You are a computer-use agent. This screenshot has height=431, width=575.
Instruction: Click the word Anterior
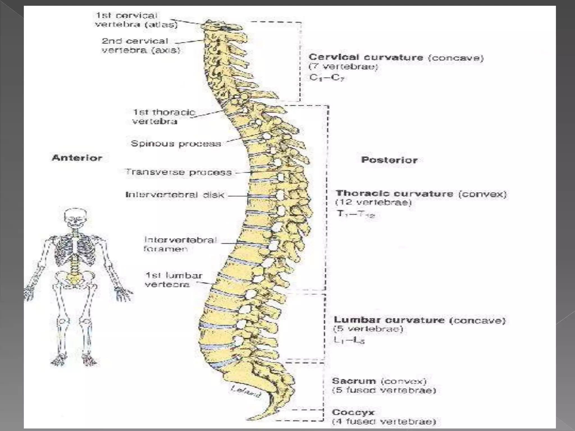click(x=77, y=158)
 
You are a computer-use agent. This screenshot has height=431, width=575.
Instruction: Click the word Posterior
click(x=389, y=160)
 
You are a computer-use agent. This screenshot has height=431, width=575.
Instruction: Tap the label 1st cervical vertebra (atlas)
click(x=136, y=20)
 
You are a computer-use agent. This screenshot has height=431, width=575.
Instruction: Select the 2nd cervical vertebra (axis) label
click(x=140, y=45)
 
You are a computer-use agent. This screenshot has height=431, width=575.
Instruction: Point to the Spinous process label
click(x=176, y=144)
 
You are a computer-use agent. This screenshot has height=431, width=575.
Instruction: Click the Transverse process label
click(x=179, y=172)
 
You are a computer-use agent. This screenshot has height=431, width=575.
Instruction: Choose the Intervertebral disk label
click(x=175, y=195)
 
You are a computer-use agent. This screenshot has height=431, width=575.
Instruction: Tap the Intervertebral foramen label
click(x=180, y=244)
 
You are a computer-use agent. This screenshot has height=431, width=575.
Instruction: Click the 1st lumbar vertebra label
click(x=173, y=280)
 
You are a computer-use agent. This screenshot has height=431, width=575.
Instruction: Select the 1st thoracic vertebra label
click(x=164, y=117)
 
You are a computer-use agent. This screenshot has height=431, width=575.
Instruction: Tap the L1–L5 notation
click(x=349, y=340)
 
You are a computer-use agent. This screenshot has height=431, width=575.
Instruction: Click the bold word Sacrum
click(x=354, y=381)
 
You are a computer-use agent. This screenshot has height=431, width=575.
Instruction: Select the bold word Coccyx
click(x=353, y=412)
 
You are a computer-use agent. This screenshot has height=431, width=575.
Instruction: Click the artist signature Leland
click(x=245, y=391)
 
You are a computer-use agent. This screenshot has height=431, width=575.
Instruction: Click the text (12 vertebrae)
click(x=373, y=202)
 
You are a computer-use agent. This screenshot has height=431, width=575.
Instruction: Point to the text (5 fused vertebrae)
click(x=384, y=390)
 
